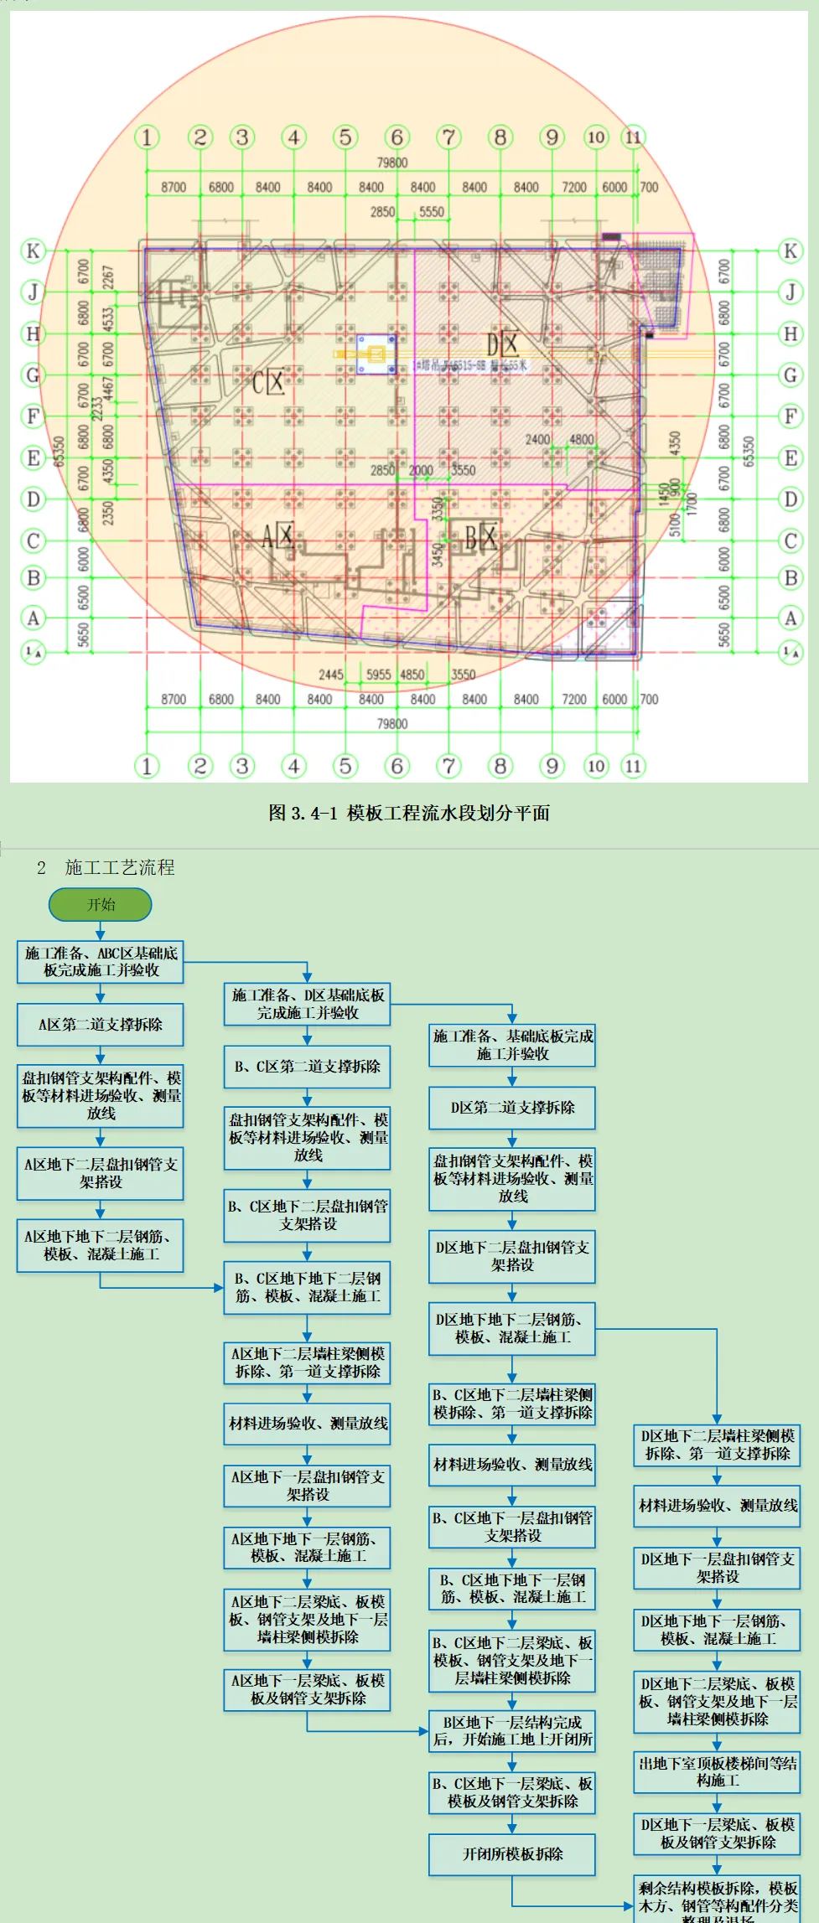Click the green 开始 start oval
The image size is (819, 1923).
point(101,904)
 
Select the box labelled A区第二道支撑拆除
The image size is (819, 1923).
point(101,1024)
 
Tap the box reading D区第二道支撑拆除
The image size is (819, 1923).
point(512,1107)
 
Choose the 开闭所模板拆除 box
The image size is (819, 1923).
point(512,1854)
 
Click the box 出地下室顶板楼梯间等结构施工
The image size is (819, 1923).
point(718,1771)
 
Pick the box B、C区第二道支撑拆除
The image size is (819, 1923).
point(307,1066)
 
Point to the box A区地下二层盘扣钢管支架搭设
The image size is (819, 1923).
point(101,1172)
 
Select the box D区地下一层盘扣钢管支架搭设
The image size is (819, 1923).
point(718,1567)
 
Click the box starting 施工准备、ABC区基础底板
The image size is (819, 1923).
point(101,961)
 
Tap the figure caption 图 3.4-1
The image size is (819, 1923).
point(409,812)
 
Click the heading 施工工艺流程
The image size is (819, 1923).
point(120,867)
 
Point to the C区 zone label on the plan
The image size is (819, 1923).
point(269,382)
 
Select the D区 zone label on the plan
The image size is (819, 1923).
point(502,344)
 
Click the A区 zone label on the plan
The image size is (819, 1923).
point(277,535)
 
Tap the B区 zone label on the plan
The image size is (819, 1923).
point(481,536)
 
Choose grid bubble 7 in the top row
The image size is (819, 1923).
point(449,137)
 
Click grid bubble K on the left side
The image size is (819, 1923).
point(33,251)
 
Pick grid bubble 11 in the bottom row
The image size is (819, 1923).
point(633,765)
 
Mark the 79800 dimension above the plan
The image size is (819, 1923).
point(392,163)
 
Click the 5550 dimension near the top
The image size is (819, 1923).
point(432,212)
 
